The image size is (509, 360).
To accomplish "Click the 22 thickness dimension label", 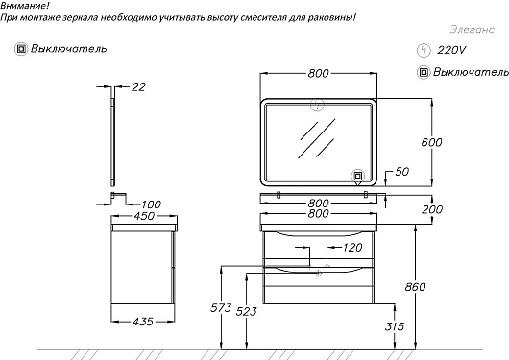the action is pos(138,87).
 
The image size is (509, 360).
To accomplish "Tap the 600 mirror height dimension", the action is pos(431,142).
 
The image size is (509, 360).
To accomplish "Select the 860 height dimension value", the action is pos(415,287).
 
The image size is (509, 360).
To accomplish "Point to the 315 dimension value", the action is pos(395,325).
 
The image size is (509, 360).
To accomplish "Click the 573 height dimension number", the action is pos(221,307).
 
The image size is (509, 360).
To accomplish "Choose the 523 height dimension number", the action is pos(247,311).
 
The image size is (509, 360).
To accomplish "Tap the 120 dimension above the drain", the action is pos(352,248).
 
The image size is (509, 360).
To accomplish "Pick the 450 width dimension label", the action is pos(144,216).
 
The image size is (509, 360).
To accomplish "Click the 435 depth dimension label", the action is pos(143,322).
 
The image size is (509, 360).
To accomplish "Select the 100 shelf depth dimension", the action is pos(152,204).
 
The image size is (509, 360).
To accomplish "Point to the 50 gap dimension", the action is pos(401,172).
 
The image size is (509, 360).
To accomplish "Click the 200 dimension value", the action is pos(432,209).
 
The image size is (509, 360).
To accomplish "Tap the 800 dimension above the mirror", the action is pos(319,73).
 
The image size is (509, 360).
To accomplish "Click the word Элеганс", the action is pos(473,29).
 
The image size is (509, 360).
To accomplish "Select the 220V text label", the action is pos(451,50).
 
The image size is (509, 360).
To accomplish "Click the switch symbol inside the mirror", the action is pos(357,176).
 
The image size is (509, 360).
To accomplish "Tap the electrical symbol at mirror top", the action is pos(317,105).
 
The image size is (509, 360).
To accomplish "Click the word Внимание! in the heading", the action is pos(25,5).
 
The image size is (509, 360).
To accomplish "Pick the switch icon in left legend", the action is pos(21,49).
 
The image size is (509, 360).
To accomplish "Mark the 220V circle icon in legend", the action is pos(424,51).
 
